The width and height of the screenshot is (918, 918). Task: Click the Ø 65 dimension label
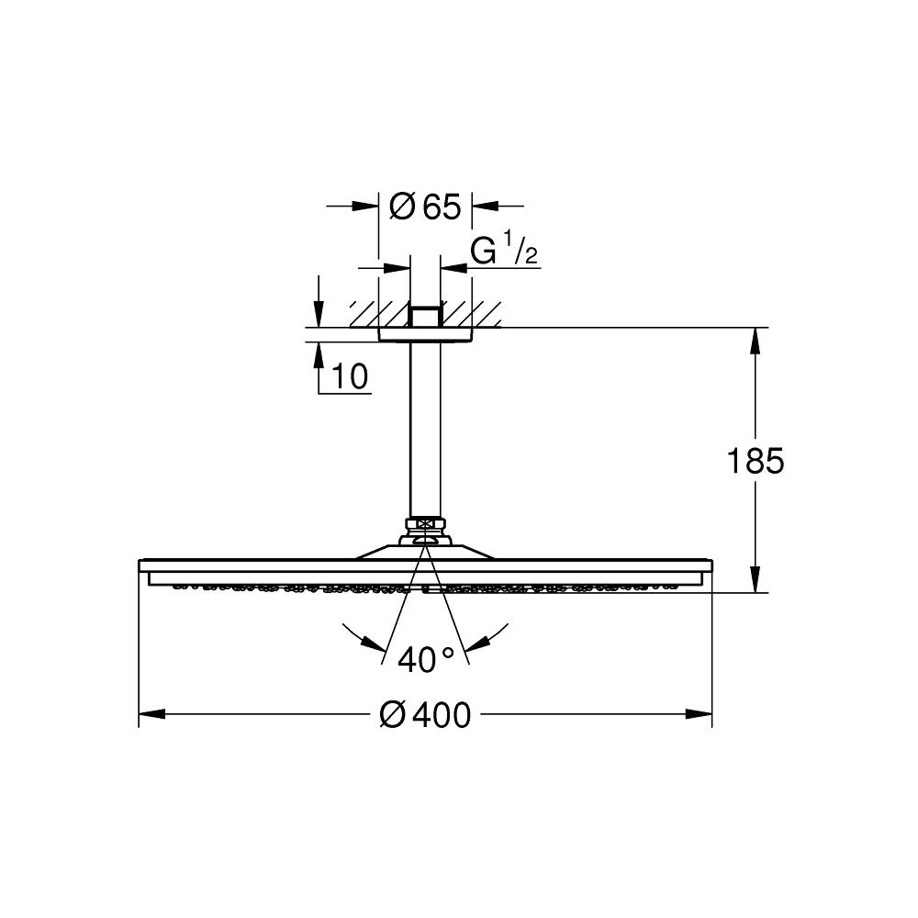click(425, 207)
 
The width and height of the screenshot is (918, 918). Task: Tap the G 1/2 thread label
click(504, 249)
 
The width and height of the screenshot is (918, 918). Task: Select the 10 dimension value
click(350, 376)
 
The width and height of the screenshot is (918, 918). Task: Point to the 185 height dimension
click(755, 461)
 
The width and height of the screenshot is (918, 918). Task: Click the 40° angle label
click(426, 660)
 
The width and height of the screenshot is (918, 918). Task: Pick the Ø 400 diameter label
click(425, 715)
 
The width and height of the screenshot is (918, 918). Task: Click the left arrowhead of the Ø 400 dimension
click(152, 714)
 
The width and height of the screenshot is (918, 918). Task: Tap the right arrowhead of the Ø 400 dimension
click(699, 714)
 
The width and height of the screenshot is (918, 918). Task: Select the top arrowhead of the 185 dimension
click(756, 341)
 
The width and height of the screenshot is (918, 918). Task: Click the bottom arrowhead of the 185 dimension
click(756, 579)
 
